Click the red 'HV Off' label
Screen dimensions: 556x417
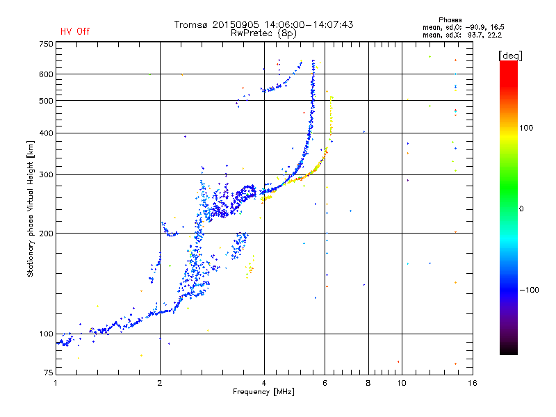tap(75, 31)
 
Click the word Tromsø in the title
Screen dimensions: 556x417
tap(192, 24)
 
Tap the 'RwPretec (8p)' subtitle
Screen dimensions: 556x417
tap(263, 33)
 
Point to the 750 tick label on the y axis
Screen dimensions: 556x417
tap(46, 44)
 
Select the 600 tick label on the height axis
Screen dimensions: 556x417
tap(46, 74)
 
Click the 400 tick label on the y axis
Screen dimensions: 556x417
tap(46, 133)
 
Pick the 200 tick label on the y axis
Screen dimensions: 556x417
tap(46, 234)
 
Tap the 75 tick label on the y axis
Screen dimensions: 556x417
tap(49, 373)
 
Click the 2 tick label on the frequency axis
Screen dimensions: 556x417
tap(160, 383)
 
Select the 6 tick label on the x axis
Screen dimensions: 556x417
tap(325, 383)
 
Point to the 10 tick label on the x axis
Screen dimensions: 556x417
tap(402, 383)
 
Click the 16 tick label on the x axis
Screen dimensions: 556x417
tap(473, 383)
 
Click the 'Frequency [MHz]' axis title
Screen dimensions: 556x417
tap(263, 392)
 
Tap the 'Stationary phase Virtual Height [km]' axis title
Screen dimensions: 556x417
tap(31, 209)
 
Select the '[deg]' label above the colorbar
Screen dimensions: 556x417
tap(510, 56)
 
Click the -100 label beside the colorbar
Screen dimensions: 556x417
tap(530, 290)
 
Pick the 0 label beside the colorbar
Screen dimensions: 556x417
tap(521, 209)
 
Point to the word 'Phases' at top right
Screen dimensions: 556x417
tap(450, 20)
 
